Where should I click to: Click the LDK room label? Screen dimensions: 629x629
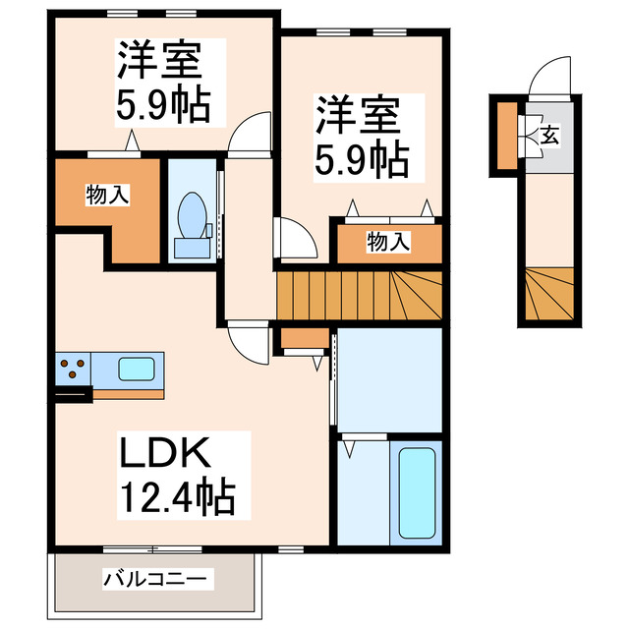pos(165,454)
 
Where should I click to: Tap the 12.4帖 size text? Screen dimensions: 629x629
pos(178,497)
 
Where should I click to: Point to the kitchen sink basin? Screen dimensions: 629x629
pos(137,370)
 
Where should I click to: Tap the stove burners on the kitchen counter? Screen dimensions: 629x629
pos(72,371)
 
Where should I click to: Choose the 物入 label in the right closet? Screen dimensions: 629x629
pos(388,241)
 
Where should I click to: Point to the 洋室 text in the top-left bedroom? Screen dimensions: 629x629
pos(159,62)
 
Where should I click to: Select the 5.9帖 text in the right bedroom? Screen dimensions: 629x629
pos(362,157)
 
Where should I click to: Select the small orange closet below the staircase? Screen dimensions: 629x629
pos(304,339)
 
